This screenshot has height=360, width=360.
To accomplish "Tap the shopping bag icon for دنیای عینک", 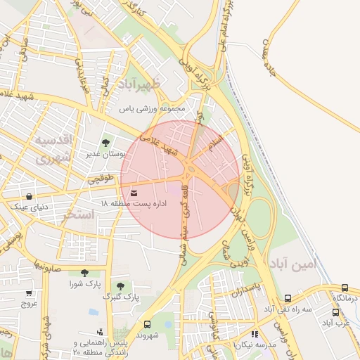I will [x=29, y=196].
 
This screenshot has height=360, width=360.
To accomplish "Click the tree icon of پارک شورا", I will [x=84, y=273].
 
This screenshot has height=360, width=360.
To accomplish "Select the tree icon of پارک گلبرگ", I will [x=120, y=286].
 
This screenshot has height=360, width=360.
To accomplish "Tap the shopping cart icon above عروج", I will [x=29, y=293].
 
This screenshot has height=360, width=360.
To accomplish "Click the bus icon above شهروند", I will [x=147, y=324].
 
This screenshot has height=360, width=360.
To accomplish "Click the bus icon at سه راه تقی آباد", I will [x=288, y=299].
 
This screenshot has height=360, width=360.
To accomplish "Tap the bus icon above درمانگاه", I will [x=345, y=288].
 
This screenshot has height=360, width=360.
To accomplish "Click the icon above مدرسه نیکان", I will [x=255, y=335].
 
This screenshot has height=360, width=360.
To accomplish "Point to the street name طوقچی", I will [x=102, y=180].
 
